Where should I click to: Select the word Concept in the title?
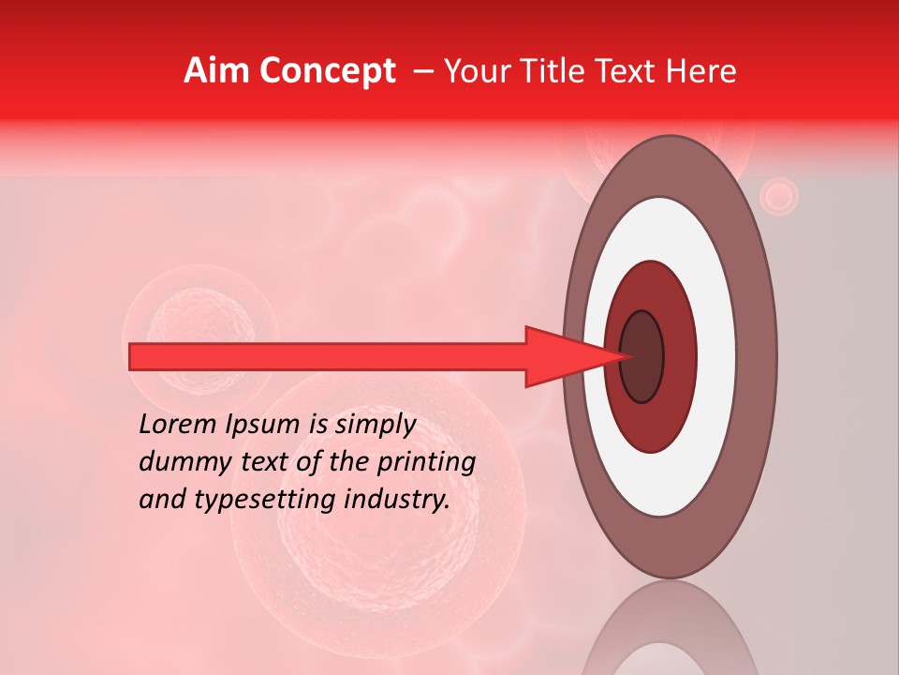point(327,71)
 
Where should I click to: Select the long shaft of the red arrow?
point(328,357)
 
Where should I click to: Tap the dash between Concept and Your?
point(422,71)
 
